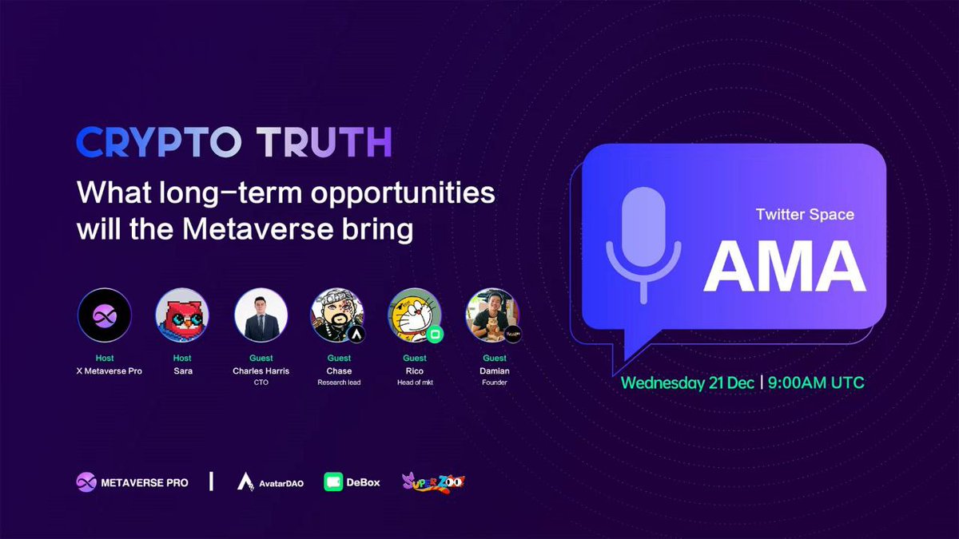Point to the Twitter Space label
point(805,215)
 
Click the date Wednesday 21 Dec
point(687,382)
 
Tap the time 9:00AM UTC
point(816,382)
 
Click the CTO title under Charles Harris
point(261,382)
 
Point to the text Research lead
point(339,382)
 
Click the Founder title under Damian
point(495,382)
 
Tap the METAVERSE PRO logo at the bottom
point(133,482)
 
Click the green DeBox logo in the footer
point(352,482)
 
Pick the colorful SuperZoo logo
point(433,482)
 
